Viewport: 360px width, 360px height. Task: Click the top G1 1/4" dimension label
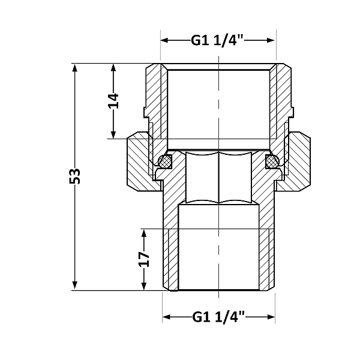pos(218,41)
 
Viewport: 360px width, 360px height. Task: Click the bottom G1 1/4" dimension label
pos(219,316)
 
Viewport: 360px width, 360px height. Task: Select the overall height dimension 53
pos(75,176)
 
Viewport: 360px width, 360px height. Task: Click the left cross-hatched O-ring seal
pos(166,161)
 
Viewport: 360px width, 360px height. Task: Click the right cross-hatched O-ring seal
pos(271,161)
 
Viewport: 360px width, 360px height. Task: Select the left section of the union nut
pos(140,163)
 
